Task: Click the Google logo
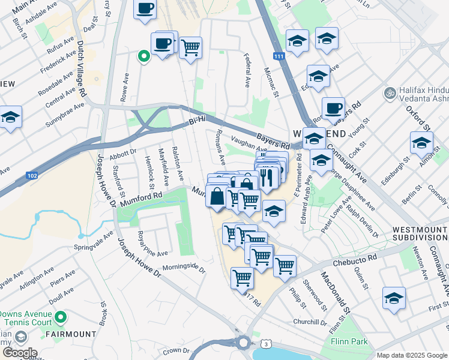20,353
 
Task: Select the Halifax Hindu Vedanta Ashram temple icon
388,94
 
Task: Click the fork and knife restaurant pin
267,176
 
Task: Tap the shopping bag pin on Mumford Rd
216,196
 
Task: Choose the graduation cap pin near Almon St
421,143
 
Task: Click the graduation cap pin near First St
394,298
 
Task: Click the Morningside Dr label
184,269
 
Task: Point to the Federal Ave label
247,70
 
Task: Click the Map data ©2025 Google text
411,355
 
